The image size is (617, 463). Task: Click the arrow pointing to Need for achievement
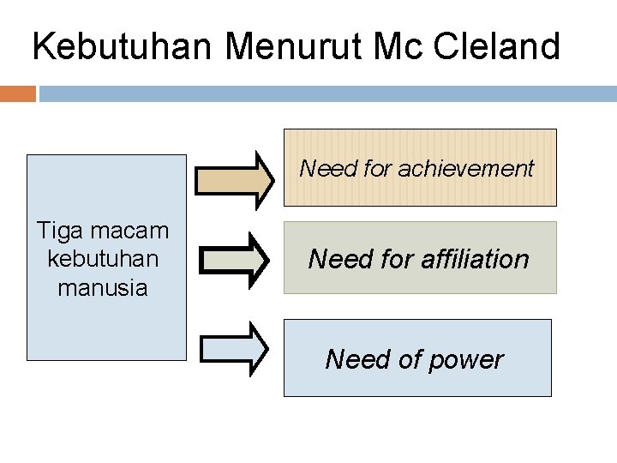[x=234, y=179]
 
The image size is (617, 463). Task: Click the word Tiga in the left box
[x=57, y=230]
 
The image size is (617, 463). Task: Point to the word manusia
[x=103, y=288]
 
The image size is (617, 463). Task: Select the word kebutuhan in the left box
[x=103, y=259]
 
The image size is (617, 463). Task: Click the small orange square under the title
[x=18, y=93]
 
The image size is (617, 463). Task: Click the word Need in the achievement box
[x=328, y=169]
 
